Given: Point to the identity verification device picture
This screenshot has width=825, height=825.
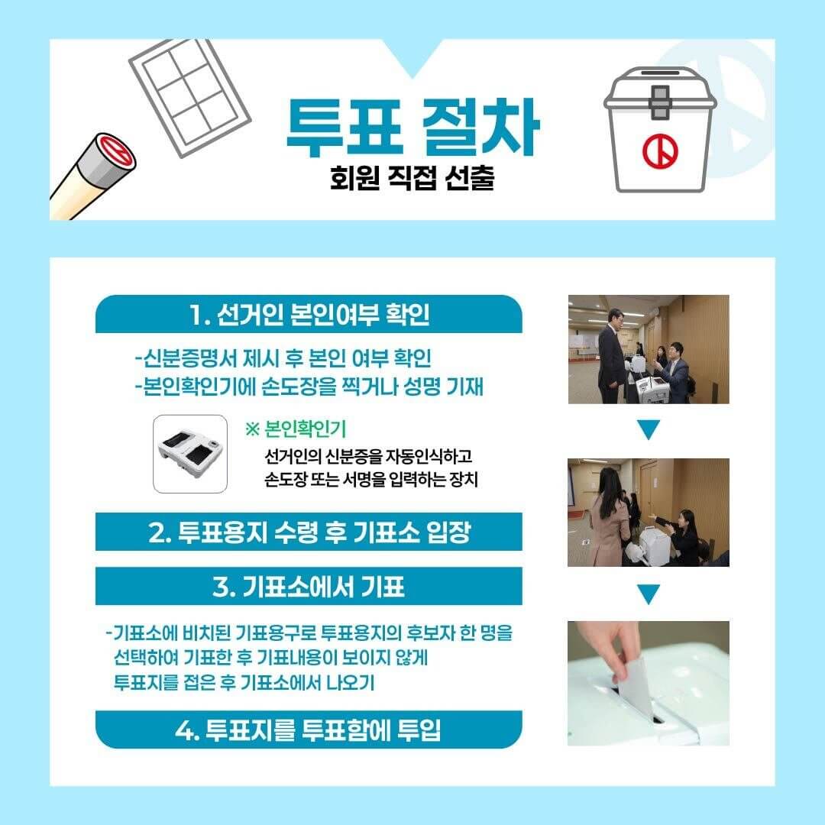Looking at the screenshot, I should (189, 455).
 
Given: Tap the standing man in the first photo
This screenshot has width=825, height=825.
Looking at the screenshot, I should (611, 355).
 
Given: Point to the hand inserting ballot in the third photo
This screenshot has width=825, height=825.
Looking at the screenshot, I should (611, 649).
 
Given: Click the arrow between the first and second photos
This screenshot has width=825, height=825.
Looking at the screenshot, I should (648, 431).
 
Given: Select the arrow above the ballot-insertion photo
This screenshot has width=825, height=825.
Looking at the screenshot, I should (648, 594).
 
